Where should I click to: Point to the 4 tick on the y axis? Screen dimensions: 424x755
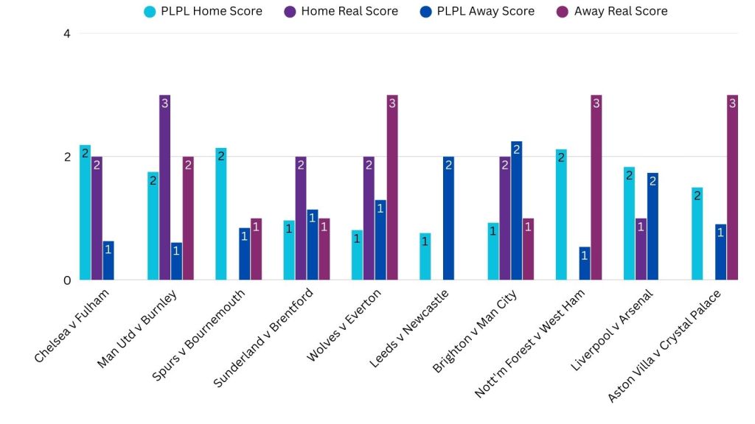tap(66, 34)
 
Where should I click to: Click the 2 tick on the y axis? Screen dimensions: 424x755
tap(66, 157)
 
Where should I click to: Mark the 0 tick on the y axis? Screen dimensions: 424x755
tap(66, 280)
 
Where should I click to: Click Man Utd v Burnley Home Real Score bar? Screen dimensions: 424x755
tap(164, 188)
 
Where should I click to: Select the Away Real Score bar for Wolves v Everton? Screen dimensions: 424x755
tap(392, 188)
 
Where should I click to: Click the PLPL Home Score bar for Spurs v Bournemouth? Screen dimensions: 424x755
tap(221, 214)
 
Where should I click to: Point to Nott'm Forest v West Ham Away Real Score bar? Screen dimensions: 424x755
tap(596, 188)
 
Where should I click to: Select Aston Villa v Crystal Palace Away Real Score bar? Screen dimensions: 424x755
tap(732, 188)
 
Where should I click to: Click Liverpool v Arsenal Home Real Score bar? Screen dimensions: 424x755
tap(641, 250)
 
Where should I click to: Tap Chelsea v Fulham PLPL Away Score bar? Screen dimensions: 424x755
tap(108, 261)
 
